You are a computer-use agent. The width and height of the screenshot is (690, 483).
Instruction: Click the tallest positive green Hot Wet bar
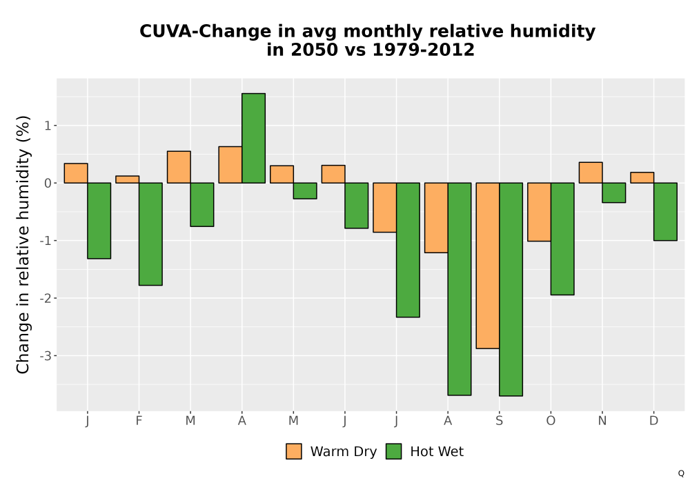click(253, 138)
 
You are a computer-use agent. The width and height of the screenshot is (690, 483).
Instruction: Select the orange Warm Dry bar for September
click(488, 266)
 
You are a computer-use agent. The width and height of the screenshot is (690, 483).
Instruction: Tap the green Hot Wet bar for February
click(150, 234)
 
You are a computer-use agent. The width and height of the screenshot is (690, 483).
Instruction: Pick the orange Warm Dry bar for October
click(539, 212)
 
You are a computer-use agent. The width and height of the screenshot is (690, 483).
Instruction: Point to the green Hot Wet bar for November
click(614, 193)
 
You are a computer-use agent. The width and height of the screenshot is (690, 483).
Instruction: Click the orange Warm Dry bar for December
click(642, 178)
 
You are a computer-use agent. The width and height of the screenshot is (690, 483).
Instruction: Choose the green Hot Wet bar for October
click(562, 239)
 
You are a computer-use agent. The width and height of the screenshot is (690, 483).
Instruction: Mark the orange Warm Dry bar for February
click(128, 179)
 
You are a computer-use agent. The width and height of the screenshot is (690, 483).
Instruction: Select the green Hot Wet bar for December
click(665, 212)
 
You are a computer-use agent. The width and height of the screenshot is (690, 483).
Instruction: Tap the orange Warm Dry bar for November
click(591, 172)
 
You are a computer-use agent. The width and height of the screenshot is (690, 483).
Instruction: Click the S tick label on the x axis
click(499, 421)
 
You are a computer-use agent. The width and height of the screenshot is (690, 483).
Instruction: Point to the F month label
click(139, 421)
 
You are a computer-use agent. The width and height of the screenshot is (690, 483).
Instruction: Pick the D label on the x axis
click(654, 421)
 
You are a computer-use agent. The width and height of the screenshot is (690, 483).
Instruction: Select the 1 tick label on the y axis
click(48, 126)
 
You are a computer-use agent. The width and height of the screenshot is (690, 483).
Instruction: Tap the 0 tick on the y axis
click(48, 183)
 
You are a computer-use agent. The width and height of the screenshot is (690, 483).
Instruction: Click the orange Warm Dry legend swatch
click(294, 451)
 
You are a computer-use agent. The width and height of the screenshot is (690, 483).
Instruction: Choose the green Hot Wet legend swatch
click(394, 451)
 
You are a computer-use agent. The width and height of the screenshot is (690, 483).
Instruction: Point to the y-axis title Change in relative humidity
click(23, 244)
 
